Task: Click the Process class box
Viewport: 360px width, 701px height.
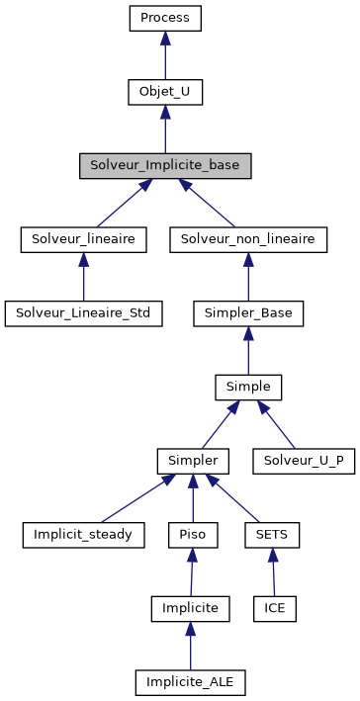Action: (x=165, y=18)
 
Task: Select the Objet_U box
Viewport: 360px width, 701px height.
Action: (x=165, y=92)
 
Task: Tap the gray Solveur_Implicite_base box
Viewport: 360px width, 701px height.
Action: (x=165, y=165)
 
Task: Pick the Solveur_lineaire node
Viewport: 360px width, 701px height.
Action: (x=83, y=239)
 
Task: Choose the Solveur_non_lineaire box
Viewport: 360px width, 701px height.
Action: (x=248, y=239)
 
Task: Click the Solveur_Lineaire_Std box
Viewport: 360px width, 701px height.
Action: (x=83, y=313)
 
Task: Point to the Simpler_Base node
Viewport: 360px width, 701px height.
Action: (x=248, y=313)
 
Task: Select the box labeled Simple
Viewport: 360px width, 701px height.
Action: (x=248, y=387)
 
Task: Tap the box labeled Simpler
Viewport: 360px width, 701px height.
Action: (x=193, y=461)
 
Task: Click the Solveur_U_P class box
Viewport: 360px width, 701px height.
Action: (x=304, y=461)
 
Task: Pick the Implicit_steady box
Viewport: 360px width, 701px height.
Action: (x=83, y=535)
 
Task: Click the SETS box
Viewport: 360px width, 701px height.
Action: (x=271, y=535)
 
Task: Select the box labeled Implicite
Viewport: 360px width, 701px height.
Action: (x=191, y=608)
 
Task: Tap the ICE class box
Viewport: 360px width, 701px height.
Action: (x=275, y=608)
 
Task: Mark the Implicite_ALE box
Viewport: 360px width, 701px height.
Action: (x=191, y=682)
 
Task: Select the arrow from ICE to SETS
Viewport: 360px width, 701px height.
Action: (x=273, y=573)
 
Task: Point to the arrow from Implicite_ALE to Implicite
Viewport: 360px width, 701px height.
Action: (x=191, y=648)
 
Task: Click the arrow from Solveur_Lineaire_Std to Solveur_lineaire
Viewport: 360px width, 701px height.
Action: (x=83, y=279)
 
